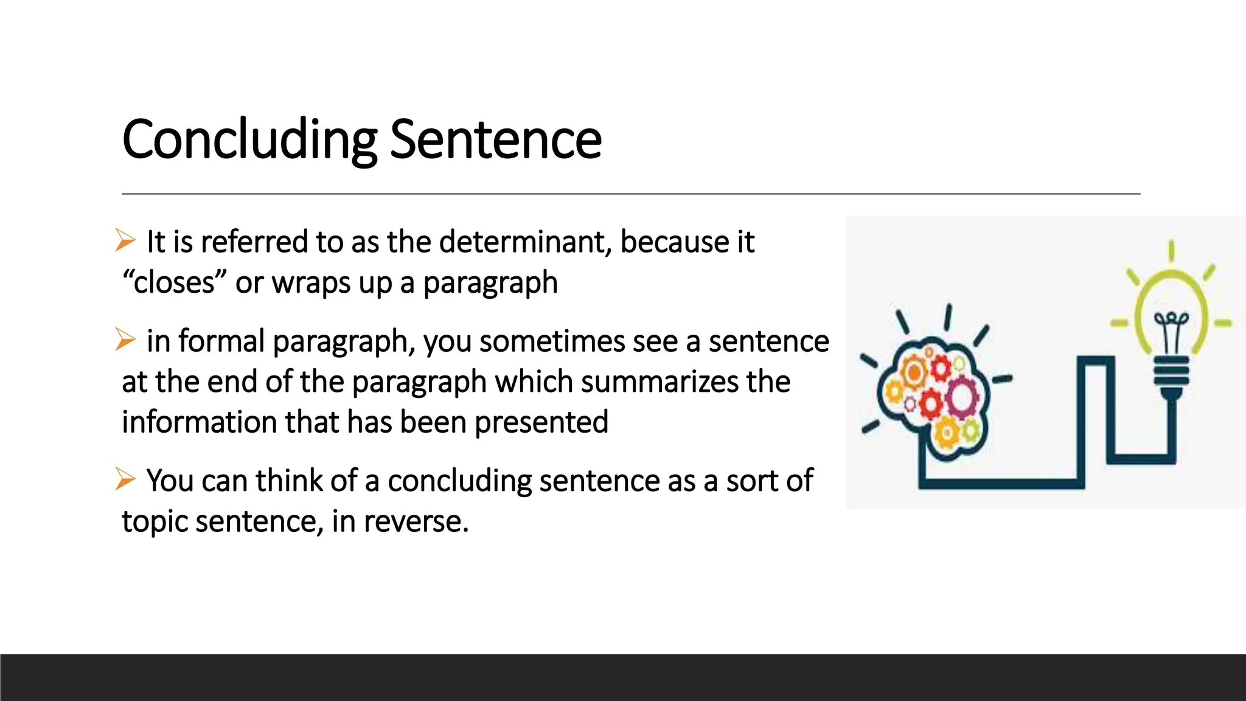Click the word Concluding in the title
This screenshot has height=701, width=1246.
click(x=249, y=140)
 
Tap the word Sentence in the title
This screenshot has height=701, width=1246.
click(x=495, y=140)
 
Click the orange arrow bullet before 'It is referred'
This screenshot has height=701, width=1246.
click(x=125, y=240)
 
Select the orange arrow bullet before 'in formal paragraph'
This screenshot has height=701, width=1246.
click(x=125, y=340)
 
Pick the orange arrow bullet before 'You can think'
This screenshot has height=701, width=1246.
click(x=125, y=479)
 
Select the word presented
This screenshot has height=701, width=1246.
click(x=541, y=422)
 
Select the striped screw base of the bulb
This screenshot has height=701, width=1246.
click(x=1171, y=371)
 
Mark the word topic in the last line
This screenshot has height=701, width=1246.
click(x=155, y=521)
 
